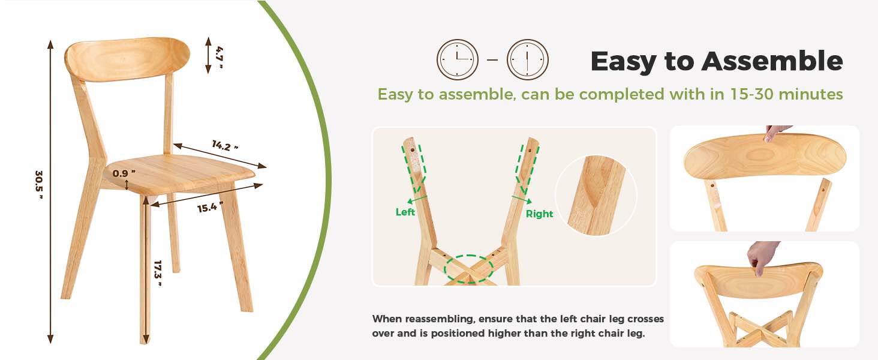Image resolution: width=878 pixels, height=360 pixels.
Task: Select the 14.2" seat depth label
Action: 225,145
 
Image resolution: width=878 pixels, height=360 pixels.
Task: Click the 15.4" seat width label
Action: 211,208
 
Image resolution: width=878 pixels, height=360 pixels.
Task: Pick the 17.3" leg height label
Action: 158,274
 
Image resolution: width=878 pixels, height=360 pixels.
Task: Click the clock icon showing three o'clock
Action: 458,59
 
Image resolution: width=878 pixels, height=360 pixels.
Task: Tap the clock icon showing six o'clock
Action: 528,59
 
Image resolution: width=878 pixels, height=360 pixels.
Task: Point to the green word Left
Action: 405,212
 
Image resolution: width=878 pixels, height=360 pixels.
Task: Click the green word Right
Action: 539,214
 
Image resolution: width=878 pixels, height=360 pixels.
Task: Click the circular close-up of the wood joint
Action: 596,195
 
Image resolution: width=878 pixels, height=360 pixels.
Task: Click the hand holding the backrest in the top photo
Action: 778,132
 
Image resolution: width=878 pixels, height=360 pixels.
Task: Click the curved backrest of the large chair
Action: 127,59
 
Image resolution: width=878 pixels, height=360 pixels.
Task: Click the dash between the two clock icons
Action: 492,60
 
